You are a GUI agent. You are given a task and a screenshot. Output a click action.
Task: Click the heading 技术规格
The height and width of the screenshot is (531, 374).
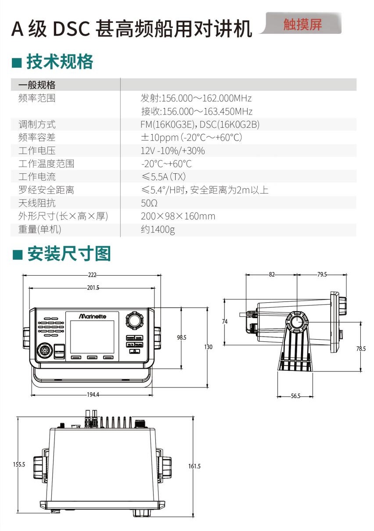point(60,62)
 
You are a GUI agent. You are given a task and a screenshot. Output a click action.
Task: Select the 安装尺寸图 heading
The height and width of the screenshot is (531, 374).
point(69,254)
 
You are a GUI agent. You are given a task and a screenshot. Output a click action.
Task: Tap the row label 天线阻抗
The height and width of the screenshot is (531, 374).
point(37,203)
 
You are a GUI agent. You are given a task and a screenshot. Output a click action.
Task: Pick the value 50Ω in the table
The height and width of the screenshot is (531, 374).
point(149,203)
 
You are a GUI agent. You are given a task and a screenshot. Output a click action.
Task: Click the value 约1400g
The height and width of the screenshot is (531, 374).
point(158,230)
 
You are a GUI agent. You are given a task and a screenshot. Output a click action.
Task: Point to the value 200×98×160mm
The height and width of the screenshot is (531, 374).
point(178,216)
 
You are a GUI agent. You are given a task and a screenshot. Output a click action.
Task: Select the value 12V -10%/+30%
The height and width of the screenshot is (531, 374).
point(173,151)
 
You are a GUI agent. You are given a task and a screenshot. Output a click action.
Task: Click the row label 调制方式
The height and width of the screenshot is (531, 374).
point(37,125)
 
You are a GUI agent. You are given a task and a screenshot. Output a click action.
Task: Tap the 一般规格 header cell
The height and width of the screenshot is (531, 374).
point(37,85)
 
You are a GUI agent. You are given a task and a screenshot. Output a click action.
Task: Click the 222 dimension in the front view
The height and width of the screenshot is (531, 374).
point(92,275)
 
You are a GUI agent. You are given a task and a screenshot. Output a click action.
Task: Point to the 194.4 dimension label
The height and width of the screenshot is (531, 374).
point(93,395)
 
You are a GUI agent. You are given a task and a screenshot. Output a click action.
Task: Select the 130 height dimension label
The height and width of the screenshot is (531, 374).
point(209,347)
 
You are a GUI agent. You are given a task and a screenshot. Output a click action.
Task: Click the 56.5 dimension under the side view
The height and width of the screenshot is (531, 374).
point(295,396)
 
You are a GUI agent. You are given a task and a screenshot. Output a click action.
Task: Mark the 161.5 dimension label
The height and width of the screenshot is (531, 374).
point(194,466)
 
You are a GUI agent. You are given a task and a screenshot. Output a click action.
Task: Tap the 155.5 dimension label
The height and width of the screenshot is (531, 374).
point(19,464)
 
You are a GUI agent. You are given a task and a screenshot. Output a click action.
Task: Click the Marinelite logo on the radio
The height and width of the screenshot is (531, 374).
point(93,316)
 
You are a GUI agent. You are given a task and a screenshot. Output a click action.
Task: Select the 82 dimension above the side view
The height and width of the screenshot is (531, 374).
point(272,275)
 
